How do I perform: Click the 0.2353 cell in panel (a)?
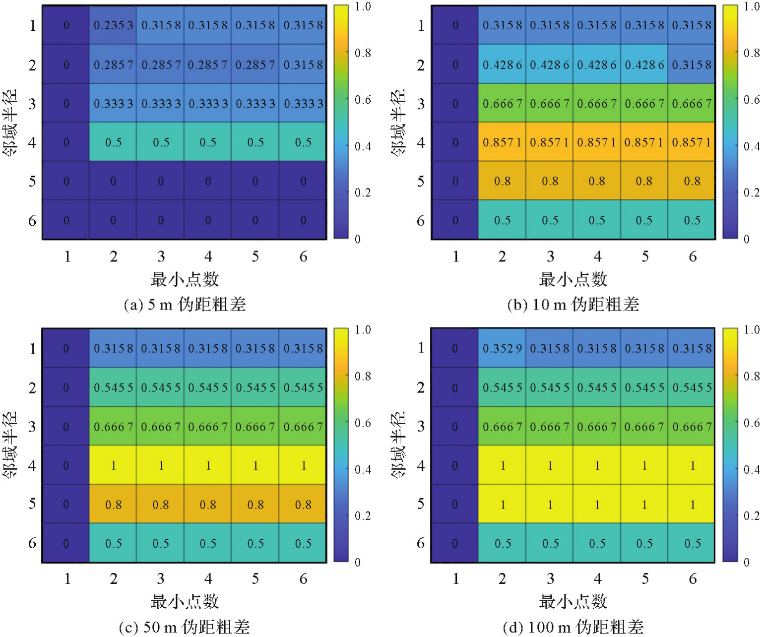tap(114, 25)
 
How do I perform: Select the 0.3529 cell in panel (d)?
tap(502, 349)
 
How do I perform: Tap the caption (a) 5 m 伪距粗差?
tap(185, 304)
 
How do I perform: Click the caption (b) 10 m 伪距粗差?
tap(573, 304)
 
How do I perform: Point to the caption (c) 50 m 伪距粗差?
tap(185, 627)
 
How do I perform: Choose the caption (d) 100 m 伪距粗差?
tap(573, 627)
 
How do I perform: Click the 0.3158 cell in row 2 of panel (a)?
tap(303, 64)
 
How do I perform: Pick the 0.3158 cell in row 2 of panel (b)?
tap(692, 64)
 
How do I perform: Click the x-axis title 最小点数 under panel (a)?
tap(185, 279)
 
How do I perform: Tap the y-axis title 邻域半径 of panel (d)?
tap(398, 445)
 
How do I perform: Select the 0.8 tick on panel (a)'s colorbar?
tap(363, 53)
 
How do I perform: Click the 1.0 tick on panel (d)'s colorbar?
tap(752, 330)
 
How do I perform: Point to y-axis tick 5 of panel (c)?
tap(32, 504)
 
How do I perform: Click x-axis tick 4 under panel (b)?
tap(597, 256)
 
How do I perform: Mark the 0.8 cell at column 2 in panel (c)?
tap(114, 505)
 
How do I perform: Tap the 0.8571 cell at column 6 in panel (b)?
tap(692, 142)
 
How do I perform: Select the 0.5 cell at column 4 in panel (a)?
tap(208, 142)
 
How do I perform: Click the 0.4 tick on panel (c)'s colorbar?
tap(363, 469)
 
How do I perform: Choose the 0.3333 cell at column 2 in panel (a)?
tap(114, 104)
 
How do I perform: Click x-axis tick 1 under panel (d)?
tap(455, 579)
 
